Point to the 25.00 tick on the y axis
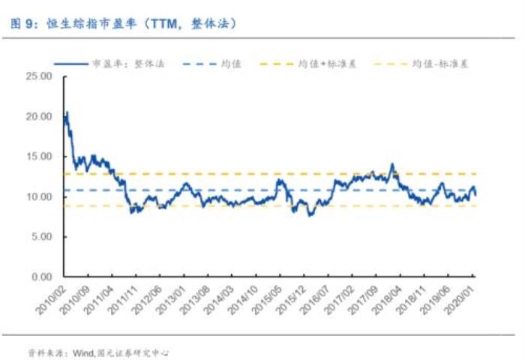pos(37,76)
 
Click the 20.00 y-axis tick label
pos(37,116)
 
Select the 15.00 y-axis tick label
pos(37,157)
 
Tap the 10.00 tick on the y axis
pos(37,196)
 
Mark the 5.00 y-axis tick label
pos(40,237)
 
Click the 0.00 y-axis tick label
pos(40,277)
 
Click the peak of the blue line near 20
pos(67,112)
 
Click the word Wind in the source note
pos(82,351)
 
